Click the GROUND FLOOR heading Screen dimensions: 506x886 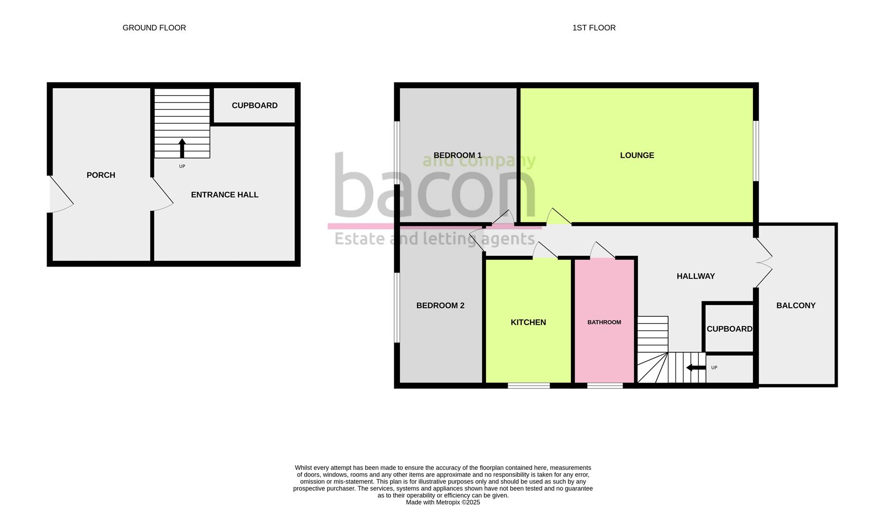point(154,28)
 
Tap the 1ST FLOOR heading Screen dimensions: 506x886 point(594,28)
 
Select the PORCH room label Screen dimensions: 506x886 point(101,175)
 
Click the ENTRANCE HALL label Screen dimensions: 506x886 point(225,194)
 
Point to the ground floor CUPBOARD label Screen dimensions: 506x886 point(255,105)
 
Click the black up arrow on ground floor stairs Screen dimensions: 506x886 point(182,148)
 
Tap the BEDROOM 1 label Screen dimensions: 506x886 point(458,155)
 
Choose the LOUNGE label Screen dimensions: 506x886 point(637,155)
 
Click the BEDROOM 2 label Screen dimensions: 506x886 point(440,305)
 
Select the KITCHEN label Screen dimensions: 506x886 point(528,322)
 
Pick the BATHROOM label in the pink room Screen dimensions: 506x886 point(604,322)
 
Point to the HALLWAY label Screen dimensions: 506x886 point(696,276)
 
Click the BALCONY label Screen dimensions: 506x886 point(796,305)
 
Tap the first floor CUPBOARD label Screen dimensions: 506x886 point(729,329)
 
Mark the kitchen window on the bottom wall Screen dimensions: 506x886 point(529,386)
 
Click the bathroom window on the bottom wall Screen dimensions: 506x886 point(605,386)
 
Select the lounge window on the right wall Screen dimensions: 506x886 point(756,150)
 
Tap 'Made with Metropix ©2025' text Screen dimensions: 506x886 point(443,502)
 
